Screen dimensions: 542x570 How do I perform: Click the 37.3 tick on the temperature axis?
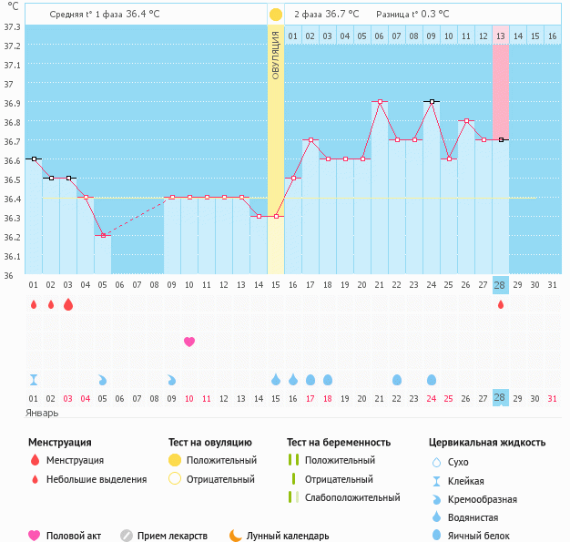point(12,26)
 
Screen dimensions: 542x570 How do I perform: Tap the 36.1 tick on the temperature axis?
point(12,256)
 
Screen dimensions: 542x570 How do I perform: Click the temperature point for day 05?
point(103,235)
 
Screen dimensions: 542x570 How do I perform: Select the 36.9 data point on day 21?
point(380,102)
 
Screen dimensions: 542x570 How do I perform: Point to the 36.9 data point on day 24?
point(432,102)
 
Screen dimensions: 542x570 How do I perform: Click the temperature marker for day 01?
point(34,159)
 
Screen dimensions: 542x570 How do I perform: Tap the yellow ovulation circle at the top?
point(276,15)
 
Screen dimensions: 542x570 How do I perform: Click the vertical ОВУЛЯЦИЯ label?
point(276,55)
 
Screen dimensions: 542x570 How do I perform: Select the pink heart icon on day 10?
point(189,342)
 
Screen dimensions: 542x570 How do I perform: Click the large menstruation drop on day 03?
point(68,304)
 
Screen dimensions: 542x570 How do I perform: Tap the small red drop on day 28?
point(501,304)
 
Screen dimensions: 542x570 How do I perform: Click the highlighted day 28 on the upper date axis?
point(501,285)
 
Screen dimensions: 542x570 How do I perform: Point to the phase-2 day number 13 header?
point(501,36)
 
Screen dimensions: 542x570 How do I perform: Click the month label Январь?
point(42,412)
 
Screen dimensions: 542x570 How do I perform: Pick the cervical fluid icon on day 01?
point(34,379)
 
